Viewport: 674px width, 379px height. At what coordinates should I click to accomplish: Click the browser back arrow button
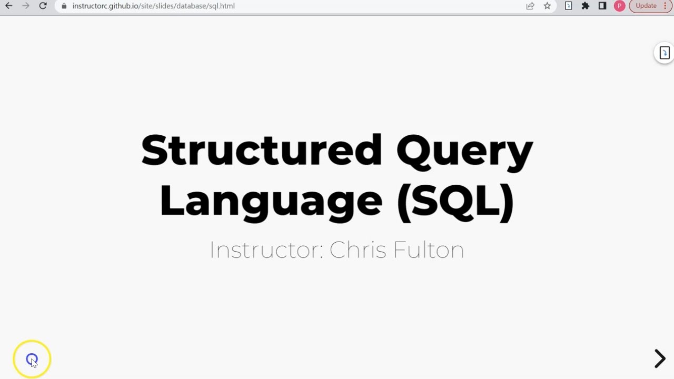click(8, 6)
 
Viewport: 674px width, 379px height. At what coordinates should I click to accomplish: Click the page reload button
click(43, 6)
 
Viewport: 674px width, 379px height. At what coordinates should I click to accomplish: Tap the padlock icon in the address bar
click(64, 6)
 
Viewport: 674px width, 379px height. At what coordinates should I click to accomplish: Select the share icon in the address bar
click(530, 6)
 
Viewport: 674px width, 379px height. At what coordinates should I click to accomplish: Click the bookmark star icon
click(547, 6)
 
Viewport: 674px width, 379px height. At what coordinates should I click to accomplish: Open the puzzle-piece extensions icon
click(586, 6)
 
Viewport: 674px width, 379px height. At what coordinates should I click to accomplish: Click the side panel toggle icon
click(602, 6)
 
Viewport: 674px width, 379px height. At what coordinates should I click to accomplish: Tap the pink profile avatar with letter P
click(619, 6)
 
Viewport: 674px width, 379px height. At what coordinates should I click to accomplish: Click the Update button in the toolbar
click(646, 6)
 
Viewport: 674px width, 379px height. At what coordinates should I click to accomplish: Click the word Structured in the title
click(262, 151)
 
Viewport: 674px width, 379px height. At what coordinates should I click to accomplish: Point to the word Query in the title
click(464, 152)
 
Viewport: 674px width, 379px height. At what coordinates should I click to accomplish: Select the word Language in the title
click(271, 202)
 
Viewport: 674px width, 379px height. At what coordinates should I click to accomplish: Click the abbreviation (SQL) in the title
click(455, 202)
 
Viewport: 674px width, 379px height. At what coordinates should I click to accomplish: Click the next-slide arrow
click(659, 358)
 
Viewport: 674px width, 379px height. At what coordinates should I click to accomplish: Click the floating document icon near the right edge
click(665, 53)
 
